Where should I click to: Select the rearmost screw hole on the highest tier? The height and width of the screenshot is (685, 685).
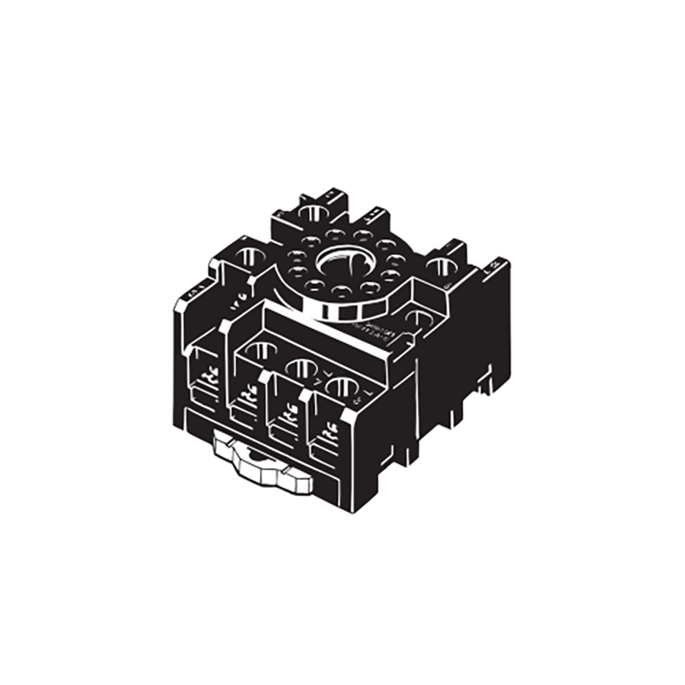312,212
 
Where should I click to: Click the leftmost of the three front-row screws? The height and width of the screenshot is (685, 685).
261,351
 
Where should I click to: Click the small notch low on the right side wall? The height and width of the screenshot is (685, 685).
482,386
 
